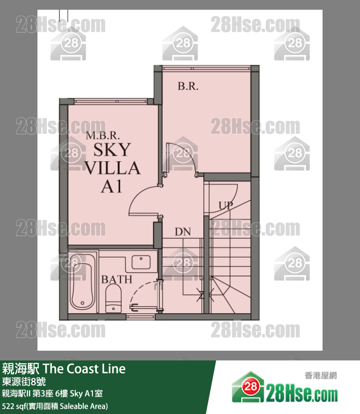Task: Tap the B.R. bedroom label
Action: tap(188, 86)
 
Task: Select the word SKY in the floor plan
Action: tap(112, 150)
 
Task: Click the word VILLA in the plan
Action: tap(112, 168)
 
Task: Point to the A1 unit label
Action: tap(111, 187)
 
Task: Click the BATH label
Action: tap(117, 280)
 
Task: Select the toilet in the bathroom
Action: tap(113, 297)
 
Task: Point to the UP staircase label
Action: tap(225, 206)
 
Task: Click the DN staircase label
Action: tap(183, 232)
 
